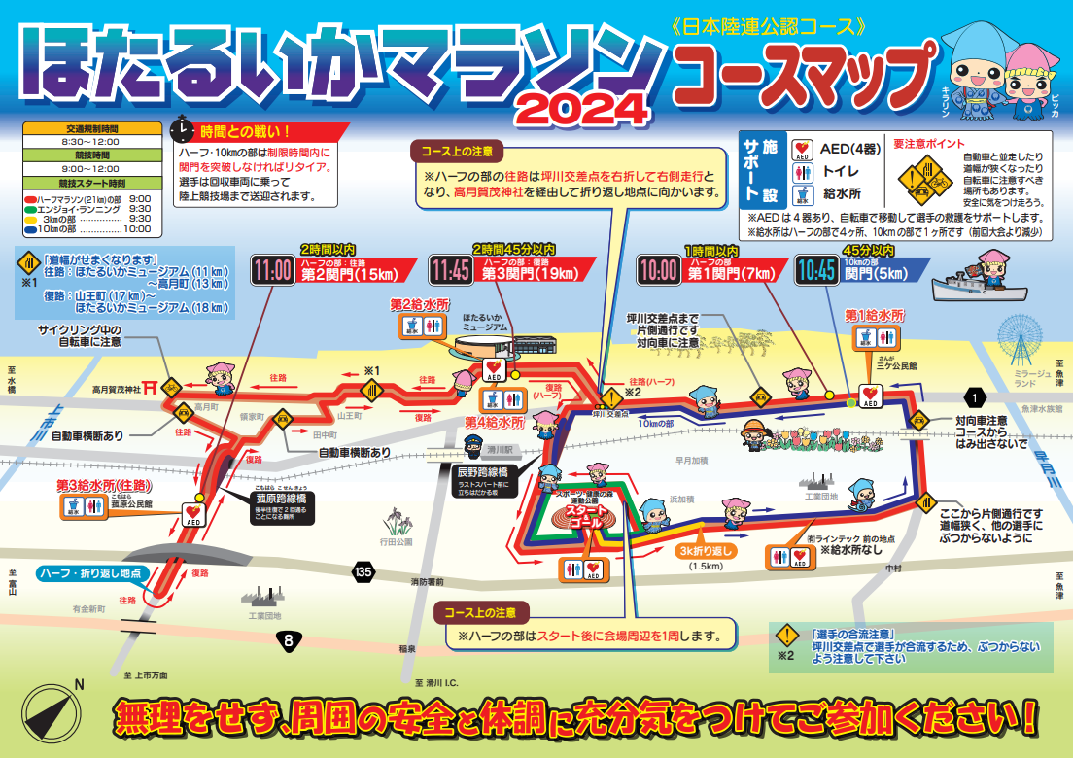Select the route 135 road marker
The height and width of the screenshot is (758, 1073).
point(363,572)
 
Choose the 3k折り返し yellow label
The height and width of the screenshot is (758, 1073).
point(707,550)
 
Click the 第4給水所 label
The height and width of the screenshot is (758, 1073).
point(494,423)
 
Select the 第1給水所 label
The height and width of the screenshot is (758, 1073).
point(874,316)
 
